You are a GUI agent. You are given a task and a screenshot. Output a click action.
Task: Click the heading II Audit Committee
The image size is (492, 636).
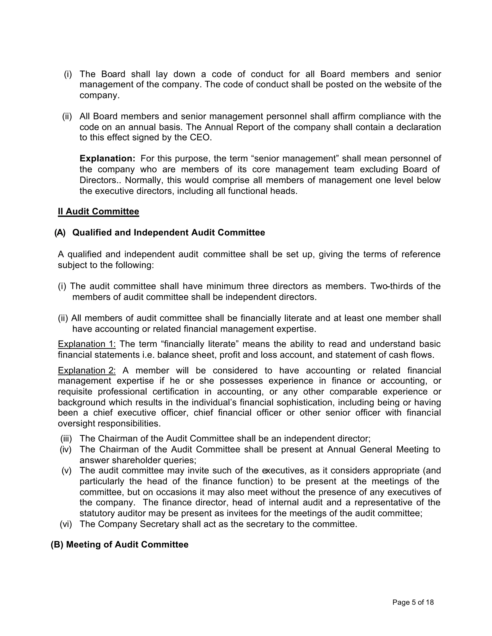tap(98, 212)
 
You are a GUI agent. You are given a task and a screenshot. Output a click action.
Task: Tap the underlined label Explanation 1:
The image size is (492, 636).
tap(86, 344)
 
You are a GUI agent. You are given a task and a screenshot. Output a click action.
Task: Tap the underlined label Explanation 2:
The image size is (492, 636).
tap(86, 371)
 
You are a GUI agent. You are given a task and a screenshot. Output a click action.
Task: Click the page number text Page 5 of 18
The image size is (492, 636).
tap(413, 602)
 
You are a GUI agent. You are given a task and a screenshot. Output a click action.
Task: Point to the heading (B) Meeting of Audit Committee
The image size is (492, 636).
tap(119, 545)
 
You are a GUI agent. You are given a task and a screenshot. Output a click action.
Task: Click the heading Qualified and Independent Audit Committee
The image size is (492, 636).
tap(168, 233)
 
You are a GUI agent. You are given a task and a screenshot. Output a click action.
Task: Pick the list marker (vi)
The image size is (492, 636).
tap(66, 524)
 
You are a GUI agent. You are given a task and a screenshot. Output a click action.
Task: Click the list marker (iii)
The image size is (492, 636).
tap(66, 438)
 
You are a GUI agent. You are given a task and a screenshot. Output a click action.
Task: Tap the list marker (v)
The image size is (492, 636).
tap(67, 471)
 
